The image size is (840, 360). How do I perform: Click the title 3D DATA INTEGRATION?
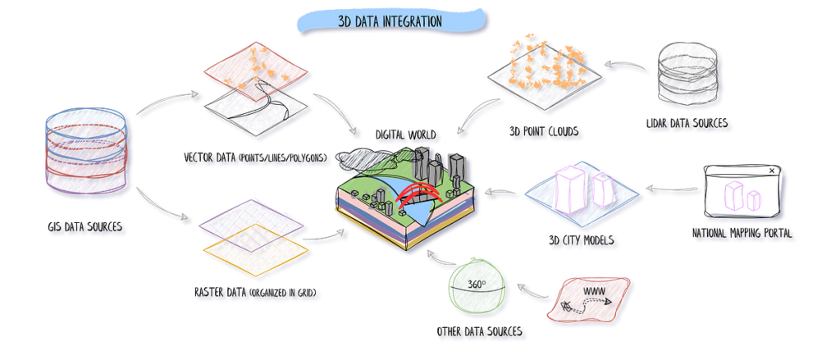coord(390,20)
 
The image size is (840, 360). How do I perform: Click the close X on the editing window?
coord(771,171)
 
